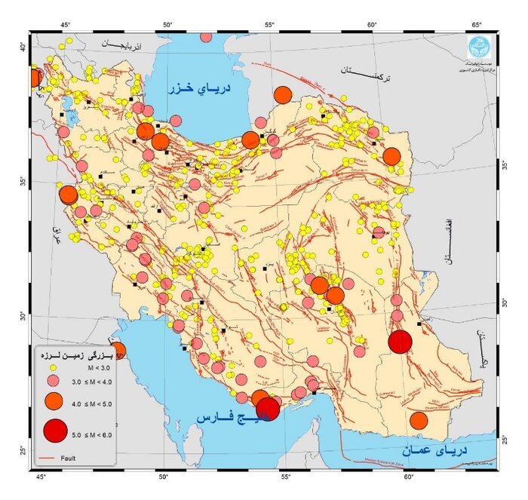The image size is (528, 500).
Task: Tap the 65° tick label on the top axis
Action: pyautogui.click(x=477, y=25)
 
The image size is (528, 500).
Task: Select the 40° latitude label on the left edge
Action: pyautogui.click(x=23, y=47)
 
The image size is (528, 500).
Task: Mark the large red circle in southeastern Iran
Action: pyautogui.click(x=400, y=342)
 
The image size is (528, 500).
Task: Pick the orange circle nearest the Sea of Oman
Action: pyautogui.click(x=419, y=421)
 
